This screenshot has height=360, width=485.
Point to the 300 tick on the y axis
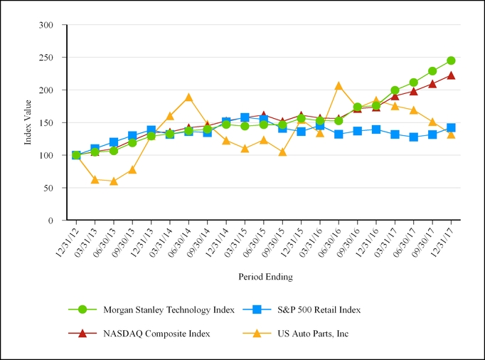click(x=46, y=25)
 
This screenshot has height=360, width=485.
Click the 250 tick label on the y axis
click(x=46, y=57)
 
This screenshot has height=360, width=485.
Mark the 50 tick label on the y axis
click(x=48, y=188)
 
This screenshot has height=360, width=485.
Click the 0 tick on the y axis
click(x=50, y=221)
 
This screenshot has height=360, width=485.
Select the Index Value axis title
click(x=28, y=122)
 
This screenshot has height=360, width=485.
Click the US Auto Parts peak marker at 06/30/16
click(x=339, y=86)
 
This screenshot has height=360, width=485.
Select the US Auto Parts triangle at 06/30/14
click(x=188, y=97)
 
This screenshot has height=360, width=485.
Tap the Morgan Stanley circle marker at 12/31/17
click(x=451, y=60)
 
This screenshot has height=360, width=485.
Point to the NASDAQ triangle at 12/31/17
click(x=451, y=75)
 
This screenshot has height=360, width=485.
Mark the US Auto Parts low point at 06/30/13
click(x=113, y=181)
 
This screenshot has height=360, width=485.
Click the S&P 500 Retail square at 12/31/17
click(x=451, y=128)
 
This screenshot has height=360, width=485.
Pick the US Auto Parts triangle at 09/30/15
click(x=282, y=152)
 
